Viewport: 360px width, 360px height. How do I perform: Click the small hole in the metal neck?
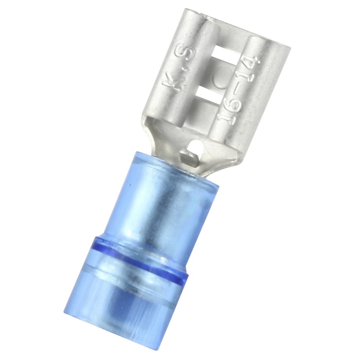(195, 145)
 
